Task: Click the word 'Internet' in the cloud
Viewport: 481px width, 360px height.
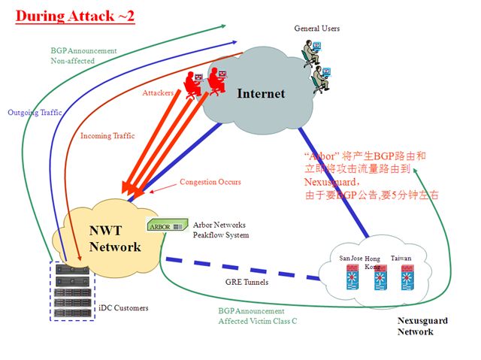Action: pyautogui.click(x=261, y=94)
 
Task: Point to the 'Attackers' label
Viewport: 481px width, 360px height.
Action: pyautogui.click(x=158, y=92)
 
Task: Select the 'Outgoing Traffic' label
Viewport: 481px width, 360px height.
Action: pyautogui.click(x=35, y=113)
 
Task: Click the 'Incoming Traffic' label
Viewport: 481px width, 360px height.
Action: pyautogui.click(x=107, y=136)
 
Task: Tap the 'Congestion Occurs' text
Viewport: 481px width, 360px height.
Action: pyautogui.click(x=210, y=182)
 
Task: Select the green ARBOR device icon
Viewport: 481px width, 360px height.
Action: pyautogui.click(x=165, y=225)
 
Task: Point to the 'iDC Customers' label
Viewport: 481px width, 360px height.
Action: pyautogui.click(x=124, y=308)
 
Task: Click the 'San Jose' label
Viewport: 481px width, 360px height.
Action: pyautogui.click(x=351, y=259)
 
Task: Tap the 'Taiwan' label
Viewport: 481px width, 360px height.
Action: pyautogui.click(x=401, y=259)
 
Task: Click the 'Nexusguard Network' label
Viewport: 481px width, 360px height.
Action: pyautogui.click(x=422, y=326)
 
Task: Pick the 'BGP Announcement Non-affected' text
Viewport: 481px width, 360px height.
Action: pyautogui.click(x=83, y=56)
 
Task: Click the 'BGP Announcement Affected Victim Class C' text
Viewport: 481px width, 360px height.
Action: pyautogui.click(x=257, y=316)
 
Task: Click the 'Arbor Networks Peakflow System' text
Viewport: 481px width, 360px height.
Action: pyautogui.click(x=219, y=230)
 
